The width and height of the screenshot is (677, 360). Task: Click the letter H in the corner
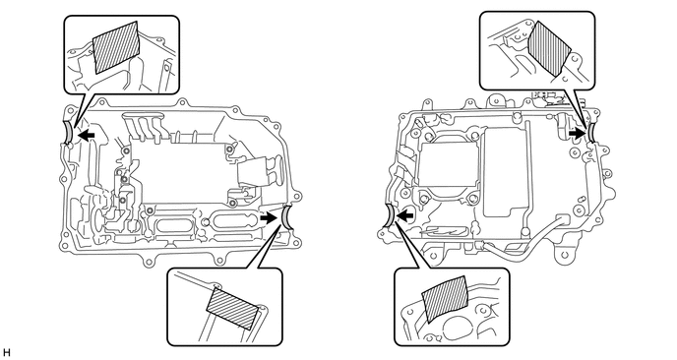(x=6, y=353)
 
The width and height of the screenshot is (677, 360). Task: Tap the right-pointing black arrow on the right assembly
(x=577, y=134)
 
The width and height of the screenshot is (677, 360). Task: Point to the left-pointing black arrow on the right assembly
(x=405, y=214)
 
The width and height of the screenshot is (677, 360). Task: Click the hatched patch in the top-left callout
(x=117, y=47)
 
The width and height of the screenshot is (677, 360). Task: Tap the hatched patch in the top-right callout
(x=550, y=48)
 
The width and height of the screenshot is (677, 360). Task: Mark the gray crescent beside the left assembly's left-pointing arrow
(x=68, y=133)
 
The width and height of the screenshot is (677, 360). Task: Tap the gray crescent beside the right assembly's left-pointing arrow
(x=389, y=215)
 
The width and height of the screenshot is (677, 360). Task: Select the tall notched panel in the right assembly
(x=505, y=172)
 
